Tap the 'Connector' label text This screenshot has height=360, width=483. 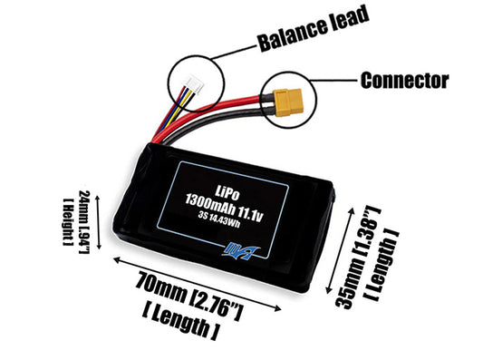coord(404,80)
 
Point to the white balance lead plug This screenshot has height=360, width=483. coord(192,90)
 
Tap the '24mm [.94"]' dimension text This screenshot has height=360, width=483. coord(82,218)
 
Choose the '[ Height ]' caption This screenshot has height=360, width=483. coord(67,219)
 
